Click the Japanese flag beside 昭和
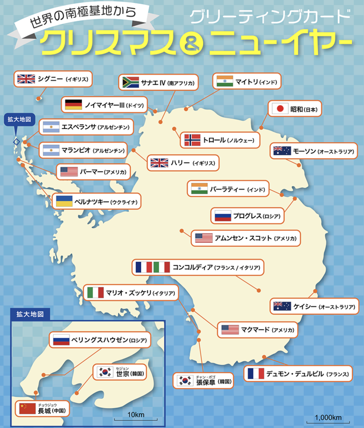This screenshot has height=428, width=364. coord(280,109)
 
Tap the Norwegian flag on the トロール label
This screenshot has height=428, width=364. coord(192,140)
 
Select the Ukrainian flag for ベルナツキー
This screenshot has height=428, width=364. coord(64,201)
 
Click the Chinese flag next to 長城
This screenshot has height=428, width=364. coord(27,409)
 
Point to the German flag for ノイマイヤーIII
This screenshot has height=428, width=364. coord(73,105)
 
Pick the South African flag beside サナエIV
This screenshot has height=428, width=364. coord(130,82)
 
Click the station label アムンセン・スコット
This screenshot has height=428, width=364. coord(243,238)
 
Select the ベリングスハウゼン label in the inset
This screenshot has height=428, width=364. coord(100,340)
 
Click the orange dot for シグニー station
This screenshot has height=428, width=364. coord(38,99)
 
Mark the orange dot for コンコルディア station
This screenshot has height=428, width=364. coord(259,290)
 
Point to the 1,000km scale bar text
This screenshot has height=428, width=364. coord(328,418)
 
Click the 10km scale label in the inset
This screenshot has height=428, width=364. coord(136,415)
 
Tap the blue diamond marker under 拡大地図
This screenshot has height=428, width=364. coord(16,142)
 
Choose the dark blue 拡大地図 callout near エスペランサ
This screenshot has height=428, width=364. coord(19,120)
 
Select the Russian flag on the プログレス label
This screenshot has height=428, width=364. coord(223,216)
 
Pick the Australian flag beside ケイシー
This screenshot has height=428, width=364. coord(282,306)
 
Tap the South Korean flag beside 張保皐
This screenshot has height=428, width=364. coord(185,380)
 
